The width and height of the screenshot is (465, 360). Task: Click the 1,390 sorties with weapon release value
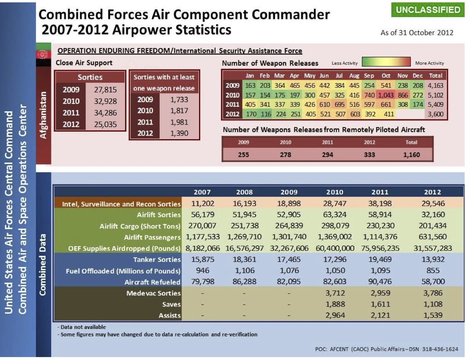(x=179, y=133)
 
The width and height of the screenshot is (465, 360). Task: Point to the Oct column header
(x=386, y=76)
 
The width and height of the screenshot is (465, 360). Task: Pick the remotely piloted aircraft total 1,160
(x=411, y=155)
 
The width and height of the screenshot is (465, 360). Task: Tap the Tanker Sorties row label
(x=157, y=259)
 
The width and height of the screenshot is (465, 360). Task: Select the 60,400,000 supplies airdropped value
(x=335, y=248)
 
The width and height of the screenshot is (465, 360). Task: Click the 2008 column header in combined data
(x=244, y=192)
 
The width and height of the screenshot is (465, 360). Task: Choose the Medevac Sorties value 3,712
(x=335, y=293)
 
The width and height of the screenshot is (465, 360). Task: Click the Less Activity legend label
(x=344, y=63)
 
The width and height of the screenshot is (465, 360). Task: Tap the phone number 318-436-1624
(x=440, y=349)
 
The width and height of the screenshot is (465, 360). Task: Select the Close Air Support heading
(x=84, y=63)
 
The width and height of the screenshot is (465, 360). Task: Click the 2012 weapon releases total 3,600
(x=435, y=114)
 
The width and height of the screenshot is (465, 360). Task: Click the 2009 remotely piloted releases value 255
(x=243, y=155)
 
